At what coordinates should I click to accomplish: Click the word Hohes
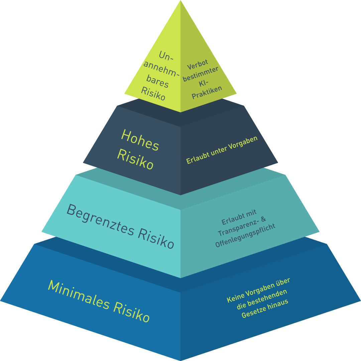click(x=140, y=140)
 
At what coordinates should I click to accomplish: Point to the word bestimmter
click(x=201, y=74)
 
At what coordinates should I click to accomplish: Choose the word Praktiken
click(x=207, y=92)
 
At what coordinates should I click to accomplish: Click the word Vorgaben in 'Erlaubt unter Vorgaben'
click(x=243, y=143)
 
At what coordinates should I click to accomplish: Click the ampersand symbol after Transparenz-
click(x=263, y=219)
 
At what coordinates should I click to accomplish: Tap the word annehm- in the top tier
click(x=161, y=69)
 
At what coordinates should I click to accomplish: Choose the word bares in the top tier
click(x=157, y=81)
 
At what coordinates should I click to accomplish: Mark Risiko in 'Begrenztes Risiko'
click(x=156, y=238)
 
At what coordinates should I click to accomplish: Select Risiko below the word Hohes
click(x=135, y=159)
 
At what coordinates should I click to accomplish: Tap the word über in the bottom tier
click(x=283, y=282)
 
